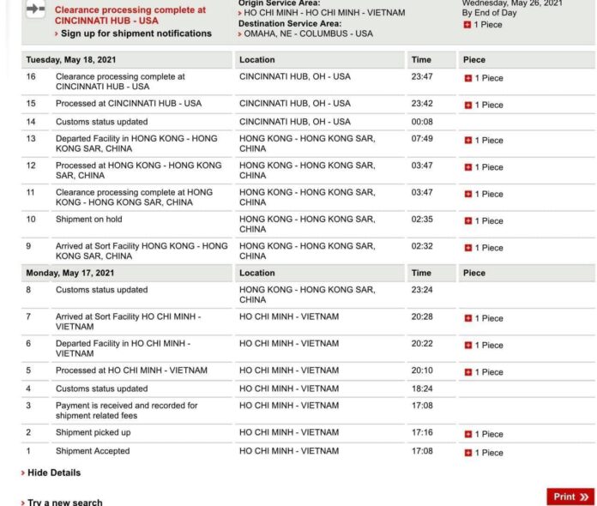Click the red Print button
tap(570, 496)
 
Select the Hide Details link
tap(53, 473)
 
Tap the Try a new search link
tap(64, 502)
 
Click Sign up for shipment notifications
tap(136, 33)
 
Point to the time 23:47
tap(421, 76)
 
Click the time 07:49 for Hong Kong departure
tap(421, 138)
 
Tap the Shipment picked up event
tap(93, 431)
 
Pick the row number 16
tap(31, 76)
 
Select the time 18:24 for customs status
tap(421, 389)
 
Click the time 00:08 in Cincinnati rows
tap(421, 122)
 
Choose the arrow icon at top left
tap(35, 9)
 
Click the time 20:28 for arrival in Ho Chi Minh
tap(421, 316)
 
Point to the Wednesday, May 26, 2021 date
tap(512, 3)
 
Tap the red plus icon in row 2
tap(467, 434)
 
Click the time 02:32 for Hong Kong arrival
tap(421, 245)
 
